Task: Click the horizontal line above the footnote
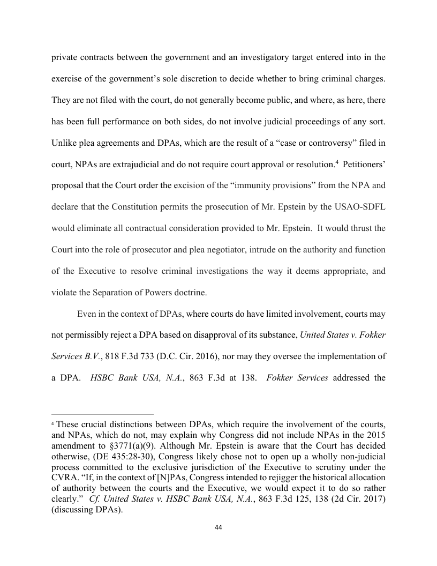[102, 414]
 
